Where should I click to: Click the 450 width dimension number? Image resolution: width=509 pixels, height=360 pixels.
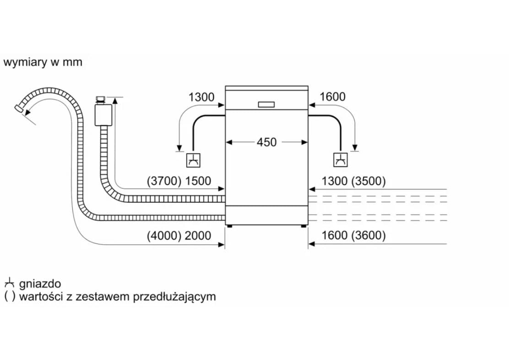tap(266, 142)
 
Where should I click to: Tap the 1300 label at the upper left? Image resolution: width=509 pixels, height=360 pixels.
tap(201, 97)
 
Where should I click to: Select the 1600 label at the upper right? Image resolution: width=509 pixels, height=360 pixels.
tap(333, 97)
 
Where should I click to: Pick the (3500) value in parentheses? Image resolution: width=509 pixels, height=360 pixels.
tap(368, 181)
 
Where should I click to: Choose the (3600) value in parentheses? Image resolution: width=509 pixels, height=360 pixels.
tap(368, 236)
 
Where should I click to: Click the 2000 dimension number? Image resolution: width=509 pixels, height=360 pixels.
tap(198, 236)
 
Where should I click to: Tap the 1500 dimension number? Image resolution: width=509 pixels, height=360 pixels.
tap(198, 181)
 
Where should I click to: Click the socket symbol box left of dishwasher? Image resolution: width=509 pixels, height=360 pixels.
tap(193, 160)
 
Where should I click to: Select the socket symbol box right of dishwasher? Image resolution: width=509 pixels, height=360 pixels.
tap(340, 160)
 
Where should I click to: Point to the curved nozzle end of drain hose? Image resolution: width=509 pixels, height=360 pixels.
tap(20, 108)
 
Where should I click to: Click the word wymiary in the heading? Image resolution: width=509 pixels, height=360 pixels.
tap(25, 62)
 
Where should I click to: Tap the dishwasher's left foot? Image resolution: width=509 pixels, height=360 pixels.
tap(228, 226)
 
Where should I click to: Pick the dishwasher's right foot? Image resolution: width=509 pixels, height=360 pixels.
tap(304, 226)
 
